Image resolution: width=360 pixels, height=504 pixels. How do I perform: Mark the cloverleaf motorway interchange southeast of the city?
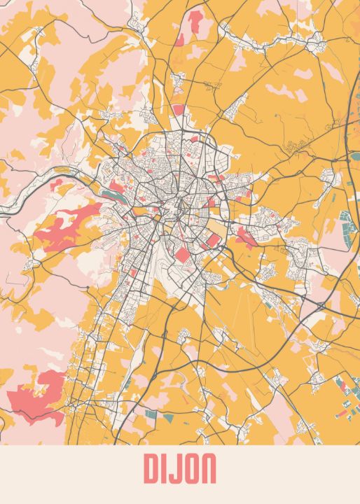[319, 305]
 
